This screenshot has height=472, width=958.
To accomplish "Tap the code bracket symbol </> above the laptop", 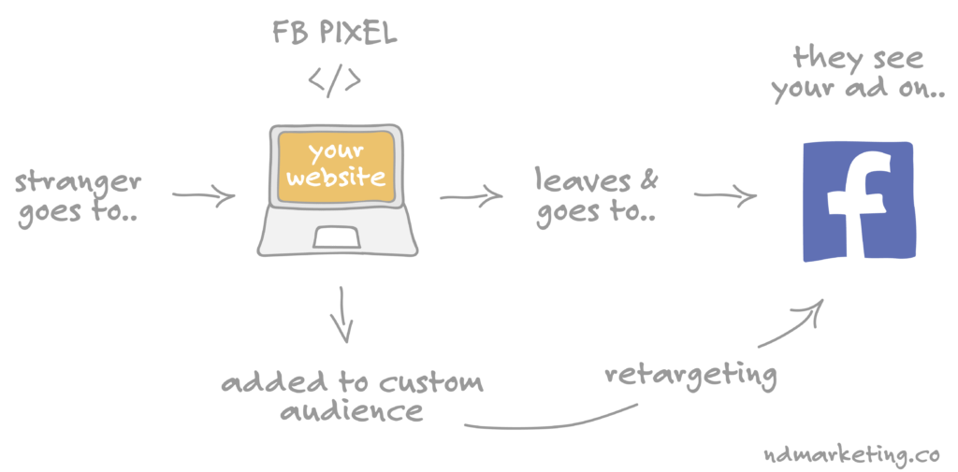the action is pos(334,81).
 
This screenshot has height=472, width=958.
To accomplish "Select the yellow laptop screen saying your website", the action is pos(335,166).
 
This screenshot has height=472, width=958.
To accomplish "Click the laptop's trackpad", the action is pos(336,236).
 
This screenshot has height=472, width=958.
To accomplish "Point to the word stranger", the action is pos(79,182).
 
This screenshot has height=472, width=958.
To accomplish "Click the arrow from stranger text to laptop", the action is pos(203,195).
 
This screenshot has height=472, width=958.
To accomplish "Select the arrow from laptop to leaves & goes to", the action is pos(472,196).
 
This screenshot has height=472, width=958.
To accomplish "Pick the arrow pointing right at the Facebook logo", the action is pos(725,195).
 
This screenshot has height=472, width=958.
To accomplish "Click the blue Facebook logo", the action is pos(859,202).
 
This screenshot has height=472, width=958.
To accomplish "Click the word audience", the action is pos(352,411).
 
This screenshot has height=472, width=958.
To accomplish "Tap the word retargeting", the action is pos(691,374).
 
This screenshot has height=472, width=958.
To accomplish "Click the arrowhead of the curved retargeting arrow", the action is pos(815,308).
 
